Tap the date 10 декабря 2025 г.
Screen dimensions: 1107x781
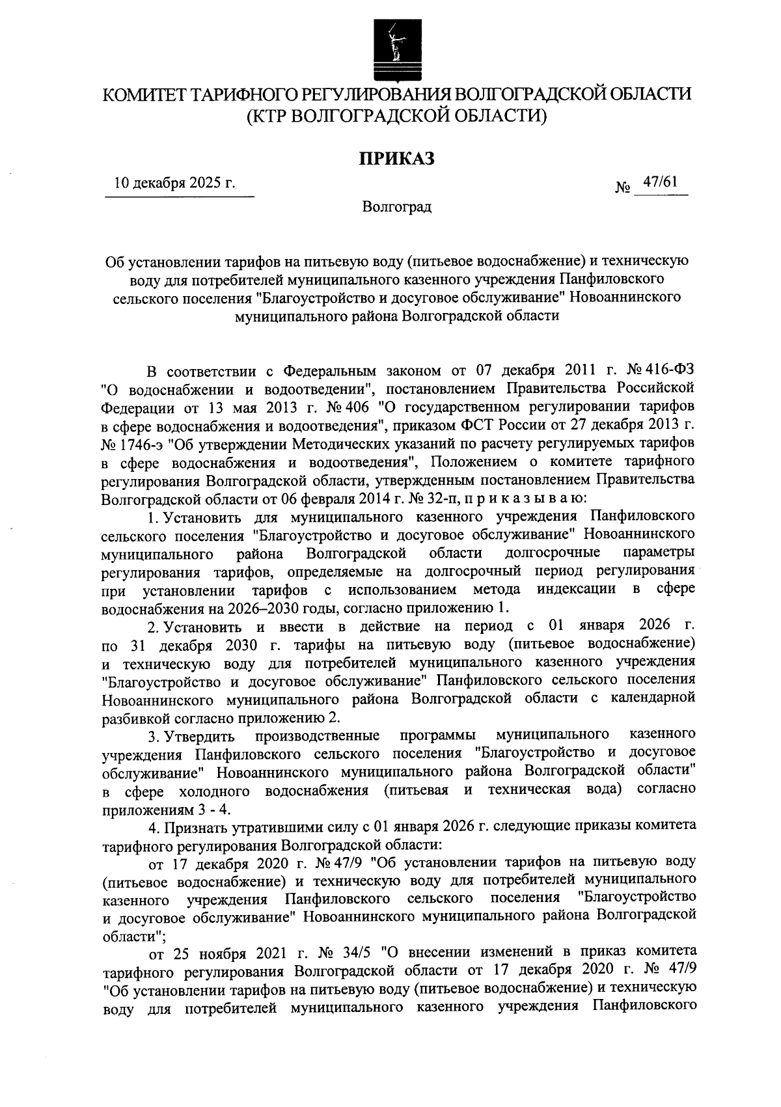tap(174, 184)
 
